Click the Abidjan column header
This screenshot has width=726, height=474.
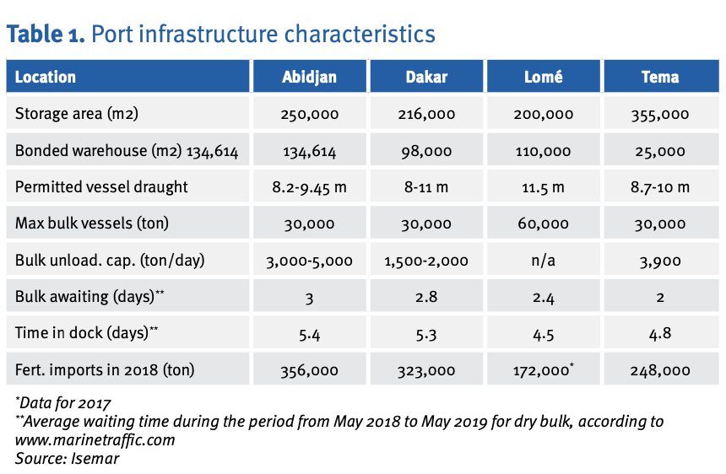(x=309, y=77)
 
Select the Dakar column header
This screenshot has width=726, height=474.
(x=426, y=77)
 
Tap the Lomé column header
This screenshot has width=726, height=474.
(x=543, y=77)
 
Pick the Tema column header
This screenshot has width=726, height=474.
(x=660, y=77)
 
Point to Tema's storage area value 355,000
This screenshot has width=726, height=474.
(x=660, y=114)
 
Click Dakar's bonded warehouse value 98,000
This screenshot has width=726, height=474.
(x=426, y=151)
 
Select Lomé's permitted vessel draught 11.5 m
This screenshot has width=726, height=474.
(x=543, y=187)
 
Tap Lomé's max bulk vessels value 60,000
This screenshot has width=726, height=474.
(x=543, y=224)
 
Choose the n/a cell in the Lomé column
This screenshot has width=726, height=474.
(x=543, y=261)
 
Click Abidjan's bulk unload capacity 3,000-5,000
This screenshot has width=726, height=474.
(x=309, y=261)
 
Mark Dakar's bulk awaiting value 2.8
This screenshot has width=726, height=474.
(x=426, y=296)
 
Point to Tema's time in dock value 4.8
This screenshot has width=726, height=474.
(x=660, y=333)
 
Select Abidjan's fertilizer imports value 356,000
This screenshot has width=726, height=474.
(x=309, y=370)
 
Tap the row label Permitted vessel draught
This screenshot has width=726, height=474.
(x=101, y=187)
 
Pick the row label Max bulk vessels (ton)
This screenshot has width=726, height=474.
(x=92, y=224)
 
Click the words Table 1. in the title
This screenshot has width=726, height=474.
(x=46, y=35)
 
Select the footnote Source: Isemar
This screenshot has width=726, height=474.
(x=68, y=458)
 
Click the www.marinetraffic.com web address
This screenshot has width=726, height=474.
(x=95, y=439)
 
